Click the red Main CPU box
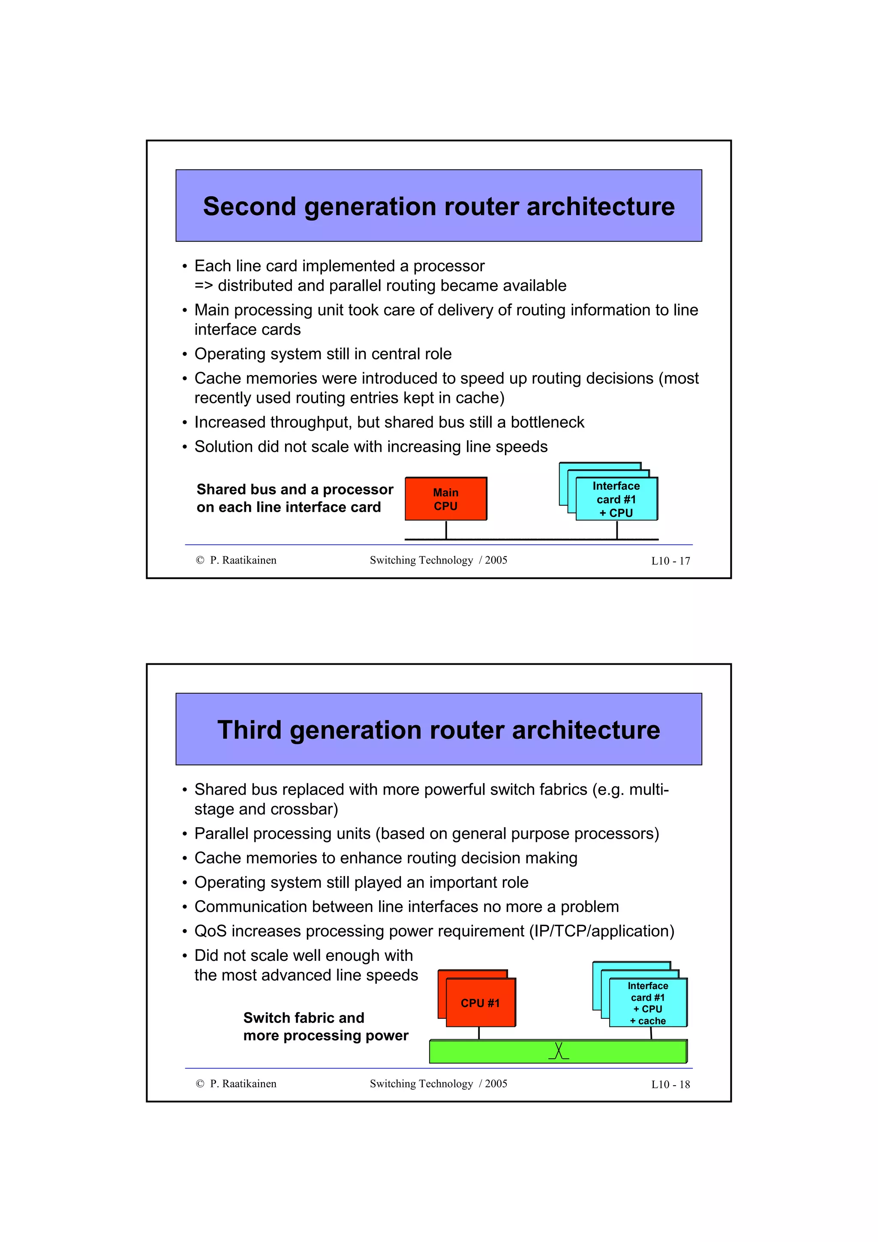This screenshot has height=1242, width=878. click(445, 499)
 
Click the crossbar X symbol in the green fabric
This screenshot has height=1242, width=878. click(558, 1050)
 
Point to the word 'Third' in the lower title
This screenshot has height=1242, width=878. click(250, 730)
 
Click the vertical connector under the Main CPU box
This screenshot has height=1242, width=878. click(446, 530)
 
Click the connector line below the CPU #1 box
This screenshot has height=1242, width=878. click(479, 1033)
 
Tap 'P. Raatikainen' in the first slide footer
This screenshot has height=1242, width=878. click(243, 561)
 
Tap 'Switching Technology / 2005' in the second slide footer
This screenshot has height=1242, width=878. click(438, 1083)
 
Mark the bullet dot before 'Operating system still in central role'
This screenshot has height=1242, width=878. click(184, 354)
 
